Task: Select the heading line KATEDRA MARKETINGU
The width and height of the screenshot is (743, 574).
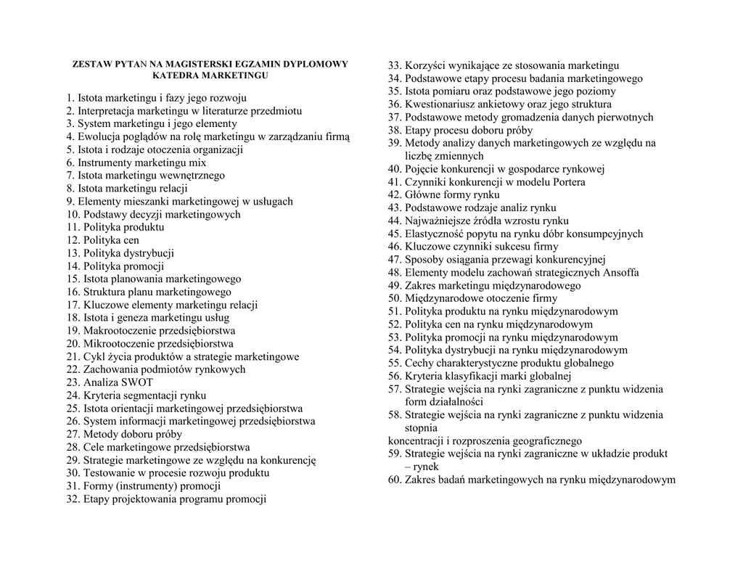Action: [210, 75]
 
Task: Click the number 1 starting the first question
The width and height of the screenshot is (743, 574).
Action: [69, 98]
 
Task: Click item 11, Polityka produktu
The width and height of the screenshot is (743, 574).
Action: [115, 227]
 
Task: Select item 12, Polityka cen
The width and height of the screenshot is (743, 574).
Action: [102, 240]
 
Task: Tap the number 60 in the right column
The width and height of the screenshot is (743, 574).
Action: [394, 480]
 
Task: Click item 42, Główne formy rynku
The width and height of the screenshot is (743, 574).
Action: [443, 195]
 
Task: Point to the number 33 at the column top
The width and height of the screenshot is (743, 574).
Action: [394, 66]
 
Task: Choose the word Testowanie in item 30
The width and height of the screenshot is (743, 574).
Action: [108, 473]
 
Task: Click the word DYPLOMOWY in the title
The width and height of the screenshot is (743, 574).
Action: [314, 65]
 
